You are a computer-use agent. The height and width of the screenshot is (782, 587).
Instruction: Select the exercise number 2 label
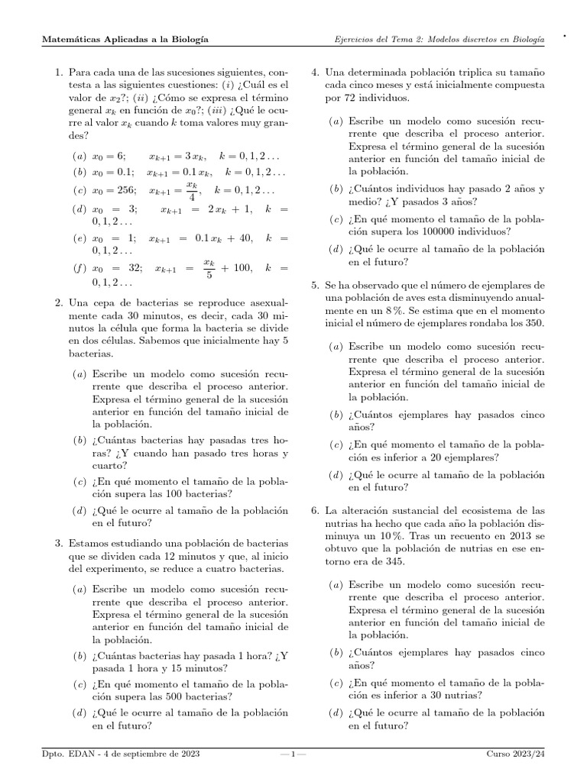tap(58, 304)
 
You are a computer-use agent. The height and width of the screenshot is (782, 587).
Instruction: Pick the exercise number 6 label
tap(315, 509)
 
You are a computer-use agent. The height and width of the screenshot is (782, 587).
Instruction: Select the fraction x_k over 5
tap(209, 265)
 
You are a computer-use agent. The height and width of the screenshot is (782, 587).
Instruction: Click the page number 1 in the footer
tap(293, 755)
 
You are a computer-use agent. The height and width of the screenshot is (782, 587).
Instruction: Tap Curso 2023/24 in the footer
tap(516, 755)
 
